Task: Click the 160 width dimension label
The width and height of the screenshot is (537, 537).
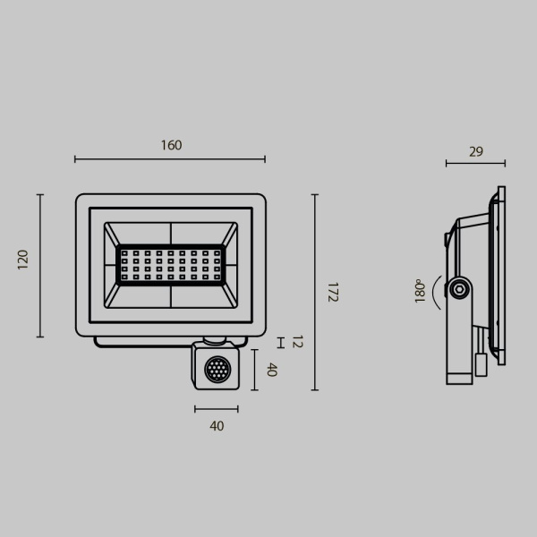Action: pos(170,145)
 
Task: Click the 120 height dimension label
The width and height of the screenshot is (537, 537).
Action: pos(23,260)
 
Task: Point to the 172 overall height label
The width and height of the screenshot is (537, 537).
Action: pos(331,293)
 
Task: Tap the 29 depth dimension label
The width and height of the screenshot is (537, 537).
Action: pos(475,151)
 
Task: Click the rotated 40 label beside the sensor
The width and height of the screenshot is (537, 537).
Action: pos(271,369)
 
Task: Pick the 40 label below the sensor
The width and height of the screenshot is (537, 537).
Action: pos(217,426)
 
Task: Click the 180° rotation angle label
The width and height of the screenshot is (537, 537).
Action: pos(419,292)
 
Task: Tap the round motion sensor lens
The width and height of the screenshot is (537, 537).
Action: pos(216,369)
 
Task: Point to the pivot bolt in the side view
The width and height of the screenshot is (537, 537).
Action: pos(460,288)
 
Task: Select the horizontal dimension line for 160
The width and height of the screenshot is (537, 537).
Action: pos(170,159)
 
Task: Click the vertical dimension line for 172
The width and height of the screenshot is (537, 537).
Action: pos(315,293)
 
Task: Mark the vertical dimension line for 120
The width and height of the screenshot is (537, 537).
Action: pos(40,266)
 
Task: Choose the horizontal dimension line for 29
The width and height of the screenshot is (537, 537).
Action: pos(475,164)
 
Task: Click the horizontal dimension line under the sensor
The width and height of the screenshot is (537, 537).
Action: pos(216,409)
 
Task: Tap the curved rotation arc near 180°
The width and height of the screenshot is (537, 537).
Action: pos(435,291)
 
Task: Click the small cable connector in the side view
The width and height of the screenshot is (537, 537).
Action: pos(481,363)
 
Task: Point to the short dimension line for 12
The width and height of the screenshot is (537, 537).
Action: pos(280,343)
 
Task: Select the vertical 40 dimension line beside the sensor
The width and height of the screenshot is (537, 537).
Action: pos(256,370)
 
